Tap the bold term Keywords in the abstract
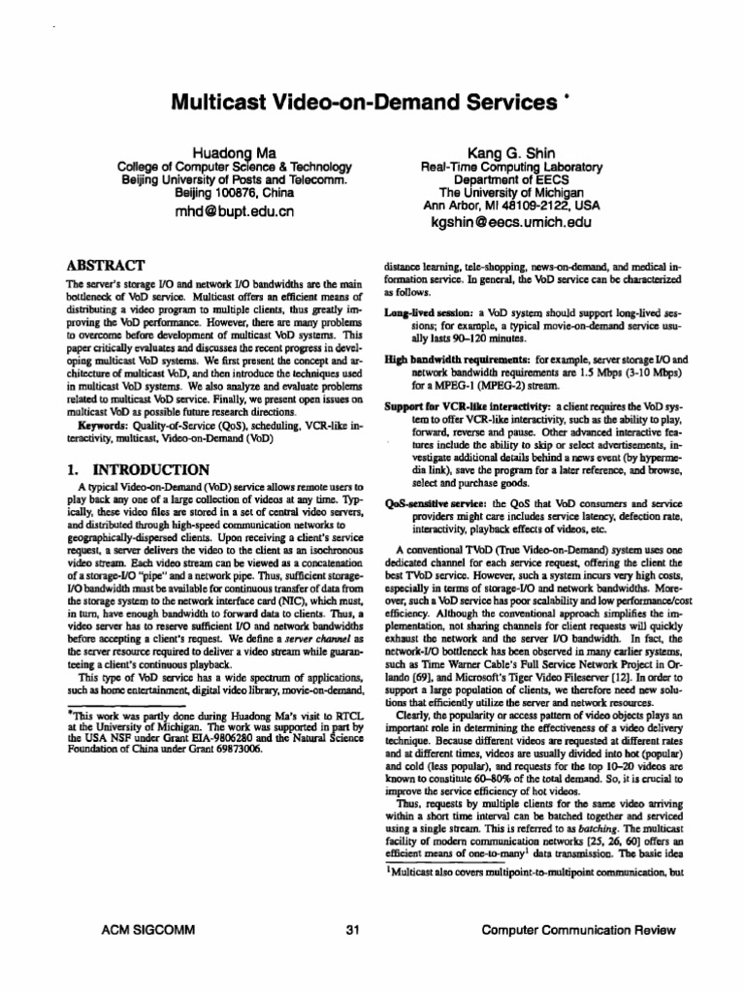tap(101, 423)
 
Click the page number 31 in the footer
tap(352, 930)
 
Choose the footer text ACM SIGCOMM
tap(148, 930)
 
